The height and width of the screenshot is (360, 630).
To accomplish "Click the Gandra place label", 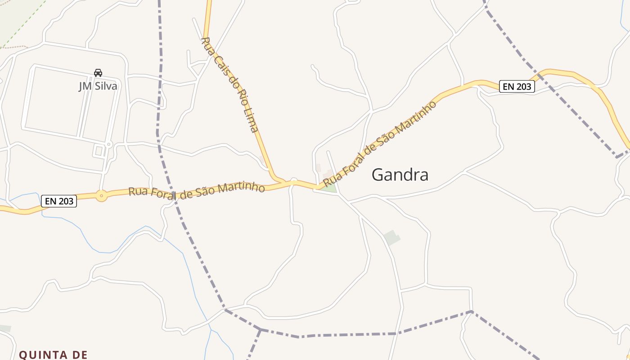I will click(x=400, y=175).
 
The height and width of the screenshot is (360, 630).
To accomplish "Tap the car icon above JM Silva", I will click(x=98, y=72).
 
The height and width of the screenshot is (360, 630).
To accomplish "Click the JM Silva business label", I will click(x=98, y=85).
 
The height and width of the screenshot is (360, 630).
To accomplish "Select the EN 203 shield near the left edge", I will click(x=59, y=201).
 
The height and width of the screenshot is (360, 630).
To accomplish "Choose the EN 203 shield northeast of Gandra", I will click(x=517, y=86).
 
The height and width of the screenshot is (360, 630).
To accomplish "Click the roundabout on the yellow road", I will click(x=102, y=196).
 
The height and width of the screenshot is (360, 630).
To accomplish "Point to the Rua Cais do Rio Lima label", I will click(x=229, y=85).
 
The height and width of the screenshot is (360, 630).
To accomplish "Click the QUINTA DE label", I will click(x=53, y=355).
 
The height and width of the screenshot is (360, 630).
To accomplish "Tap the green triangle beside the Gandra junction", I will click(x=329, y=187).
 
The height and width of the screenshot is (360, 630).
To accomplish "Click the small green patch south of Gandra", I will click(x=392, y=237).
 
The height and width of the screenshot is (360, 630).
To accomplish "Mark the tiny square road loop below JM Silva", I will click(x=99, y=151).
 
